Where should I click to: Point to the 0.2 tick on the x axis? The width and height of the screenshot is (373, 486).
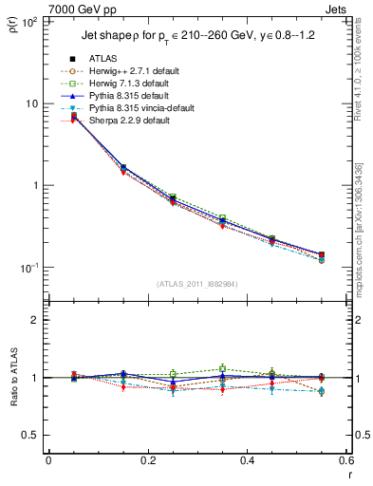(x=147, y=460)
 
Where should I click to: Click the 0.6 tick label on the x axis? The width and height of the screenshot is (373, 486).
(x=345, y=460)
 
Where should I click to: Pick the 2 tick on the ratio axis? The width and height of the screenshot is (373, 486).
(x=36, y=320)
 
